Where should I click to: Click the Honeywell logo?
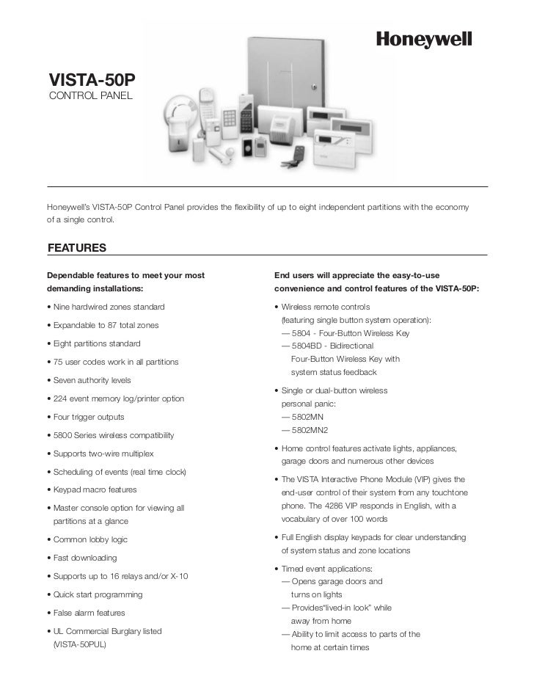pyautogui.click(x=423, y=39)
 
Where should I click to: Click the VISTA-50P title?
pyautogui.click(x=92, y=79)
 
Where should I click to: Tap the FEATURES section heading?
pyautogui.click(x=77, y=248)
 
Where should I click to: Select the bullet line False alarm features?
pyautogui.click(x=87, y=613)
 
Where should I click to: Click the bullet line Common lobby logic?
pyautogui.click(x=88, y=540)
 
